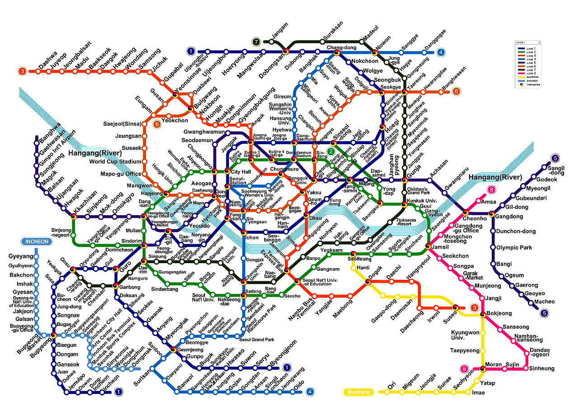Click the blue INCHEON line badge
(37, 241)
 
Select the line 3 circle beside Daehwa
(22, 71)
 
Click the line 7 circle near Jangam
(256, 42)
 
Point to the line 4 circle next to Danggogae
(441, 52)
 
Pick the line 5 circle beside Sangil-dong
(555, 158)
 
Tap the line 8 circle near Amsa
(491, 190)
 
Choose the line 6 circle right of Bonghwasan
(457, 91)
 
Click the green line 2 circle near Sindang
(331, 151)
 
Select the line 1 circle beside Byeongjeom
(286, 368)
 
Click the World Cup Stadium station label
(115, 162)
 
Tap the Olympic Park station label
(514, 248)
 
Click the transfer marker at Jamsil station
(428, 246)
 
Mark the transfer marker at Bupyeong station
(54, 335)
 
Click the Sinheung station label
(542, 368)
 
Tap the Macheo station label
(544, 302)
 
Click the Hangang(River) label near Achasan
(495, 177)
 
